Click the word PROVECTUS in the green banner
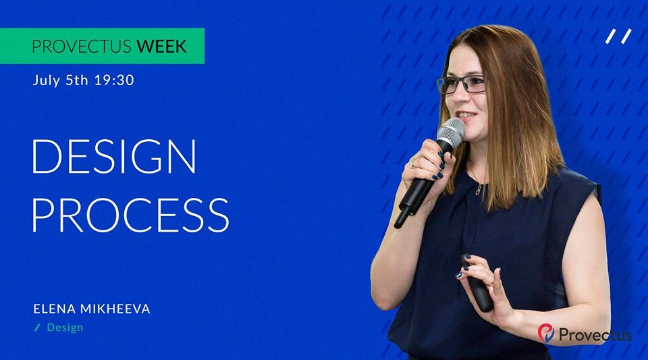coord(82,47)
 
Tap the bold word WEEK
coord(161,47)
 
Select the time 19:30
coord(114,80)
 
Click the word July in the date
coord(47,80)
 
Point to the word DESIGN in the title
coord(113,156)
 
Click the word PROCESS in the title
coord(130,215)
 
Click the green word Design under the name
coord(65,328)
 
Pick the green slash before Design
coord(38,328)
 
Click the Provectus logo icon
coord(546,333)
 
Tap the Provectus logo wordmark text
coord(595,334)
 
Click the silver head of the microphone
coord(452,132)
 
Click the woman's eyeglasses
coord(462,84)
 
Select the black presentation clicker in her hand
coord(478,285)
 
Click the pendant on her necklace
coord(479,190)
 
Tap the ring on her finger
coord(412,164)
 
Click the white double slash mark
coord(619,36)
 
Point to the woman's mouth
coord(466,115)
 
